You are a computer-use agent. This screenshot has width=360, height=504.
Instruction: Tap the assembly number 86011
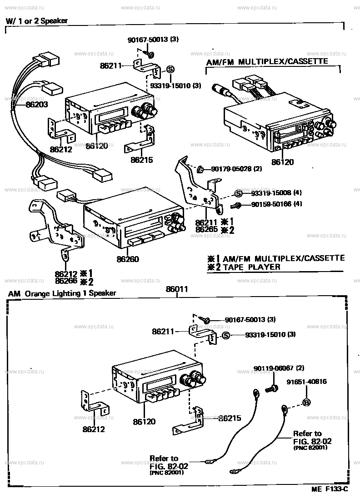(177, 289)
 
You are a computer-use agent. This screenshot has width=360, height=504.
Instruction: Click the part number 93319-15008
(273, 193)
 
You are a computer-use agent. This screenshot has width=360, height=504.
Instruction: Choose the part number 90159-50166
(273, 205)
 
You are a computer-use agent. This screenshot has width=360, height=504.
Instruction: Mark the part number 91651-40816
(306, 382)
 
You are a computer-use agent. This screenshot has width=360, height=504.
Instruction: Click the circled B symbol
(306, 402)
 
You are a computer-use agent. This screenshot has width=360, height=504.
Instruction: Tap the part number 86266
(65, 281)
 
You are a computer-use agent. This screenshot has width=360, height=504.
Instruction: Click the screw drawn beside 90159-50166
(236, 205)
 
